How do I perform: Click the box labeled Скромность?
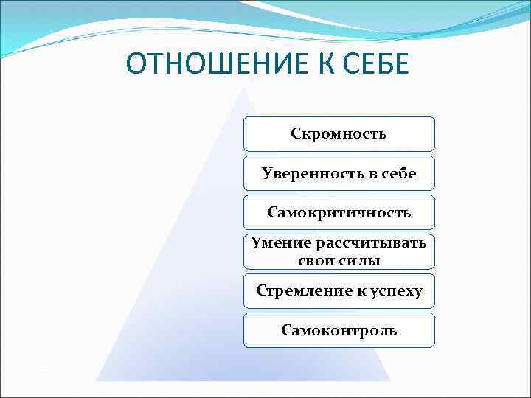[x=339, y=134]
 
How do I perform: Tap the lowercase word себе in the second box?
[x=398, y=173]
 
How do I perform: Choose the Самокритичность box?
[x=339, y=212]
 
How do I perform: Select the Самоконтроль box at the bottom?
[x=339, y=330]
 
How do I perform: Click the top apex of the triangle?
[x=244, y=90]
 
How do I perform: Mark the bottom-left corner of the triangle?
[x=97, y=380]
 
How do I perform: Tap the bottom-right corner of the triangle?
[x=389, y=380]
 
